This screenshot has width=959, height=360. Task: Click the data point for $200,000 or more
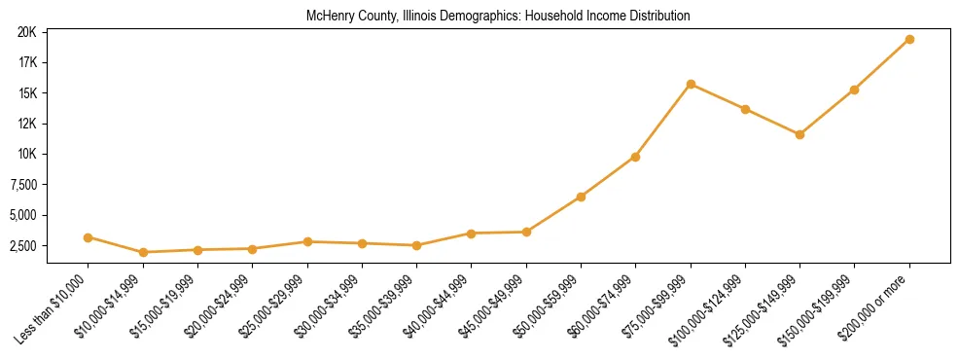(x=909, y=39)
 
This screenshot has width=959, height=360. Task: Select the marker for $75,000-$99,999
(x=691, y=84)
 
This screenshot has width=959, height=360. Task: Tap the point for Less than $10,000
(x=89, y=237)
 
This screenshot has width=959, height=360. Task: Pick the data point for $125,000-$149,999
(x=799, y=134)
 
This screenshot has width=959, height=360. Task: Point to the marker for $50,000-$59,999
(x=581, y=197)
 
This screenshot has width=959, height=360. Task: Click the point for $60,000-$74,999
(x=635, y=157)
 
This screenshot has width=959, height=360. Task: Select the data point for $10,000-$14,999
(x=143, y=252)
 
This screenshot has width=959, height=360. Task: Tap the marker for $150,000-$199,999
(x=854, y=90)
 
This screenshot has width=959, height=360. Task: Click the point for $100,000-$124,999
(x=745, y=109)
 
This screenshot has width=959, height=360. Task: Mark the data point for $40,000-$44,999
(x=471, y=234)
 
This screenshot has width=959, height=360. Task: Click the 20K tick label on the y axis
(x=26, y=32)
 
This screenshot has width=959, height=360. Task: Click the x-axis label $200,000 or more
(x=876, y=303)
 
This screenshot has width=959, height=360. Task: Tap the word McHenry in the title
(x=327, y=16)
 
